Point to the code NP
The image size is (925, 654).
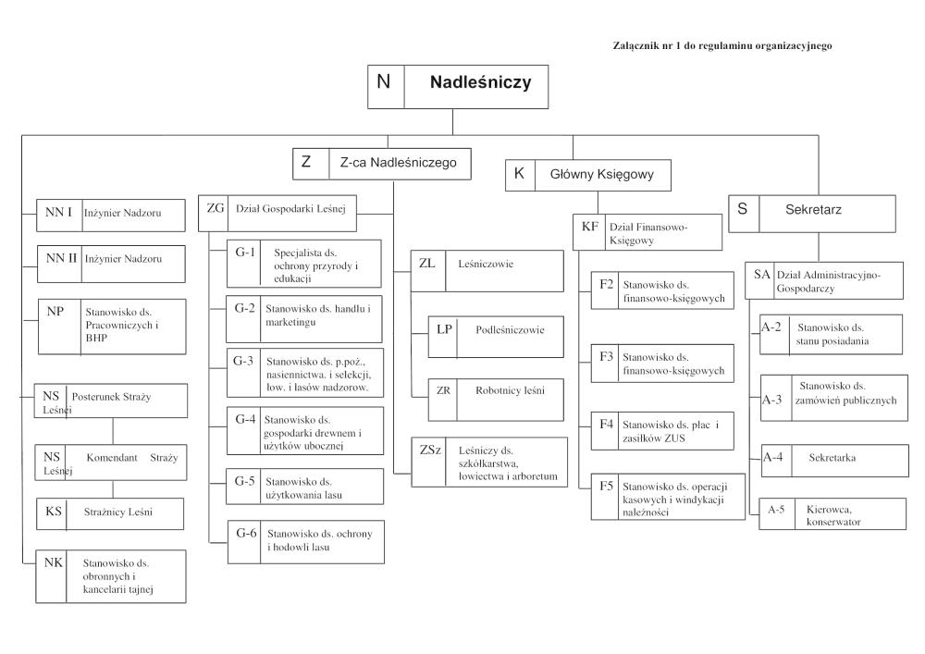click(x=55, y=312)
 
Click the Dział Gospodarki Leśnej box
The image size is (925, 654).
click(x=277, y=209)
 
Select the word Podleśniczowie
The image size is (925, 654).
click(x=510, y=328)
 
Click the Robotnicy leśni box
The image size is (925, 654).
click(x=484, y=391)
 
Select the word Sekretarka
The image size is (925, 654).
click(x=830, y=457)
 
